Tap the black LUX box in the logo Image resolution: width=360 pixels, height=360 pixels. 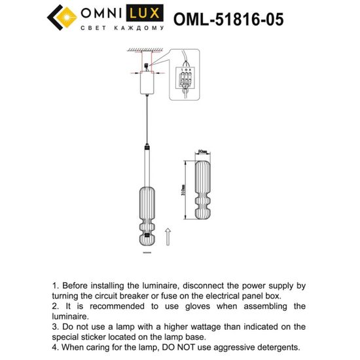144,14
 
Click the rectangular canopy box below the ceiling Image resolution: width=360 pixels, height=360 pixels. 147,84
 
